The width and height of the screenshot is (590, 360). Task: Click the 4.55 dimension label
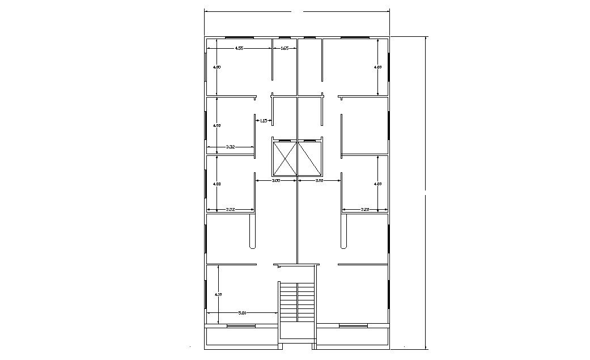click(x=239, y=49)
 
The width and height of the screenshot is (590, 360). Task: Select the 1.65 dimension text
click(x=285, y=49)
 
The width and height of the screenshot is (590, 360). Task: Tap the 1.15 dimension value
click(x=264, y=121)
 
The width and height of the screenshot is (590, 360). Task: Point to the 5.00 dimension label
click(x=241, y=312)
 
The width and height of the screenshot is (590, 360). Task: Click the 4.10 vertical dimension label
click(x=218, y=294)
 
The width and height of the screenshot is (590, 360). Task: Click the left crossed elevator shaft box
click(x=285, y=159)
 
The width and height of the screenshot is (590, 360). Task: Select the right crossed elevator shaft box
click(x=309, y=159)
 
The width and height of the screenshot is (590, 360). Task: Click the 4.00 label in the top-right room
click(x=378, y=67)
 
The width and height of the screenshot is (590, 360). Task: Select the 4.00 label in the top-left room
click(x=217, y=67)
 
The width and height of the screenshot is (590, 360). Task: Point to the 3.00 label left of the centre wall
click(x=276, y=181)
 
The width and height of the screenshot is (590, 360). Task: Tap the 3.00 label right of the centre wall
click(x=319, y=181)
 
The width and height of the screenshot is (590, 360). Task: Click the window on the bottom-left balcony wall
click(x=240, y=326)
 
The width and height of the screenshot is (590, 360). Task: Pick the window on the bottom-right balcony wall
click(x=354, y=326)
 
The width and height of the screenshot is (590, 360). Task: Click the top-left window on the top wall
click(x=239, y=37)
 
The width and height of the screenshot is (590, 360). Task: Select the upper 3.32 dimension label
click(x=231, y=147)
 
